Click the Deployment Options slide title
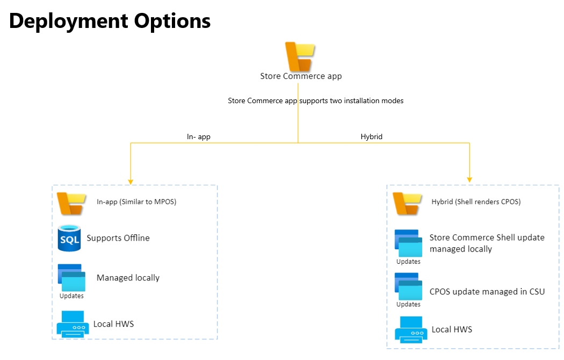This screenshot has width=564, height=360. (110, 21)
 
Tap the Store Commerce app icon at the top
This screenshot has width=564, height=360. (300, 56)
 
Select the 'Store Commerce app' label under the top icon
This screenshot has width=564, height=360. (301, 76)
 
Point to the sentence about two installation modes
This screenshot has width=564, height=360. (315, 100)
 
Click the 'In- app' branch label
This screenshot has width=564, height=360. (198, 137)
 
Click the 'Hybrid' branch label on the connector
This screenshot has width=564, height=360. (371, 137)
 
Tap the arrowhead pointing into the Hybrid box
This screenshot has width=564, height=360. (470, 179)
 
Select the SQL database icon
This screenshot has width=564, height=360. (69, 238)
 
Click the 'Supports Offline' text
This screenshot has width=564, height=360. (118, 238)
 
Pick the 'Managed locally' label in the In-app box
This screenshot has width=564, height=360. (128, 278)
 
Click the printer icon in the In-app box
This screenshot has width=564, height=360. (73, 323)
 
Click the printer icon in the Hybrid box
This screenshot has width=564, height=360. (411, 329)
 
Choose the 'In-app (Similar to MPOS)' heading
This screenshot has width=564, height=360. (136, 202)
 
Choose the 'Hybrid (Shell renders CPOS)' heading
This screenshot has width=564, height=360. (476, 202)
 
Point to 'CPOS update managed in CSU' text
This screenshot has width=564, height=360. (487, 292)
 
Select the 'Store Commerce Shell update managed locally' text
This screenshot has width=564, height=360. (487, 243)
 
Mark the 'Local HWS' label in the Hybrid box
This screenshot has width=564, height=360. (452, 329)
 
